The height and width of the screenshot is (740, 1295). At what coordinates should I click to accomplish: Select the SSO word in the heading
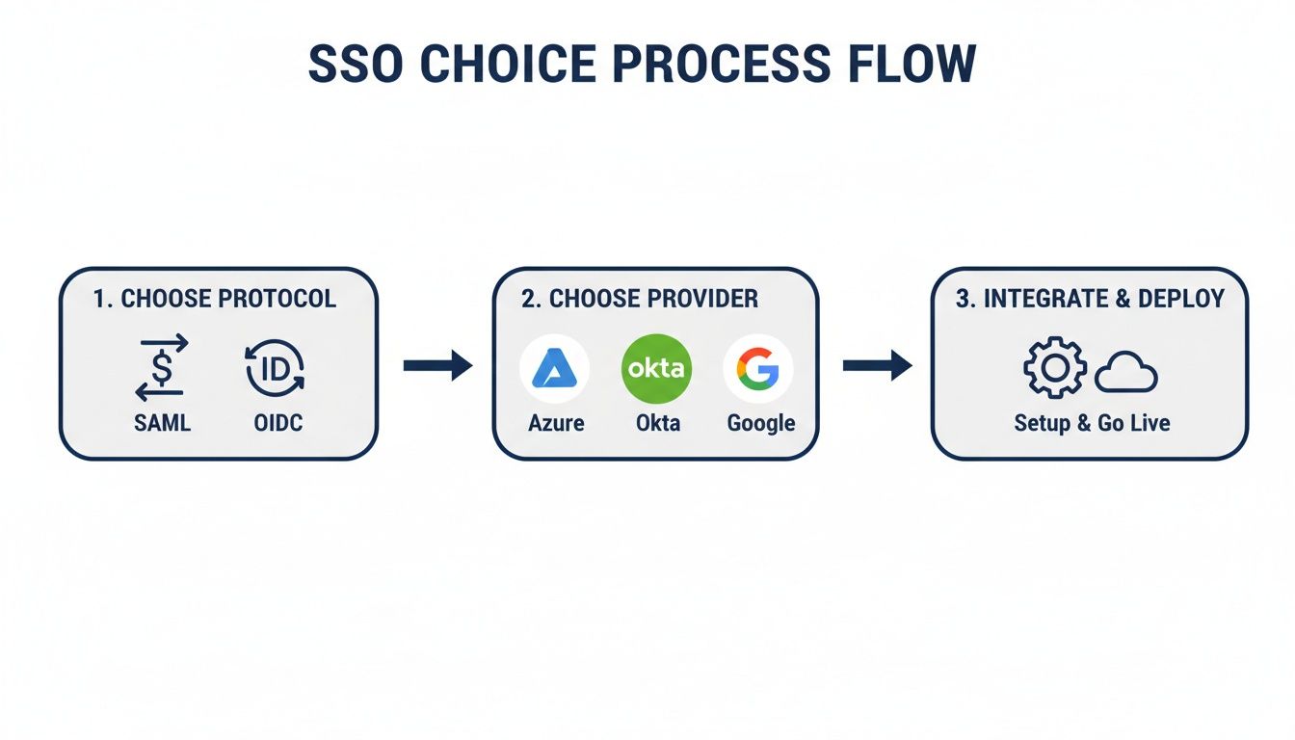(x=356, y=63)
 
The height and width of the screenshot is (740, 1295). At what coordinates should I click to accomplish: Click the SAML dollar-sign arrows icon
(x=162, y=368)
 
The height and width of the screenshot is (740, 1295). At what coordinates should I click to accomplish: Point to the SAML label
(x=162, y=423)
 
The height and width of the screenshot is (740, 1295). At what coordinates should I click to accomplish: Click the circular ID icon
(x=275, y=368)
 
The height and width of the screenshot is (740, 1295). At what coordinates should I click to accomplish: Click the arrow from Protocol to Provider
(x=437, y=365)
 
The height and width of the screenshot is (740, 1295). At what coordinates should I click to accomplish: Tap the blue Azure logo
(x=555, y=368)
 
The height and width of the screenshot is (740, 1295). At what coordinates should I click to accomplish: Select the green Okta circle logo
(x=657, y=368)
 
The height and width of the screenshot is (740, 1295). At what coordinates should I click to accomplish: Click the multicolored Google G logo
(x=758, y=368)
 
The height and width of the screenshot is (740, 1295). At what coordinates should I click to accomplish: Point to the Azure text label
(x=556, y=423)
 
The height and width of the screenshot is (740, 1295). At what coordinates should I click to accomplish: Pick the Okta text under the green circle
(x=657, y=423)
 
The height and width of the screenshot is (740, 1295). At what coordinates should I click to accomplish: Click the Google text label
(x=760, y=423)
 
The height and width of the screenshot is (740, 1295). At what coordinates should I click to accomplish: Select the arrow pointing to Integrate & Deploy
(x=877, y=365)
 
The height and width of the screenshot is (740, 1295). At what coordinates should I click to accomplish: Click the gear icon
(x=1054, y=368)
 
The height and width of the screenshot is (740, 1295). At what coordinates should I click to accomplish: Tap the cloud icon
(x=1125, y=372)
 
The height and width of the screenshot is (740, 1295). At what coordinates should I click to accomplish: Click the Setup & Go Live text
(x=1092, y=423)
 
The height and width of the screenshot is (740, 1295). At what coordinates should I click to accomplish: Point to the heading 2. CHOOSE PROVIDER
(x=640, y=299)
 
